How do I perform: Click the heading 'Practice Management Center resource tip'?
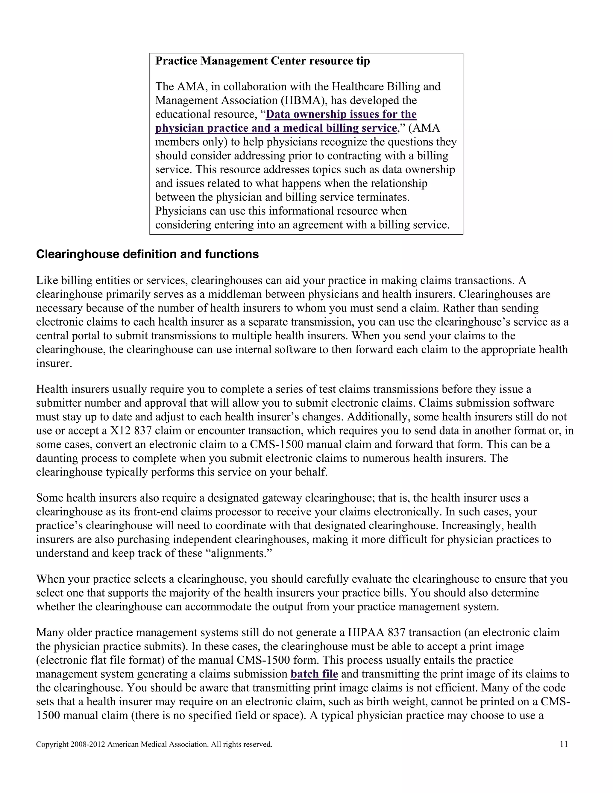point(262,61)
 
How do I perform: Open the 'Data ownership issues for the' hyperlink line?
point(341,114)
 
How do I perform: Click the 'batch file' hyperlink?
point(314,674)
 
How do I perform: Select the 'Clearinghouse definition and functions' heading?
point(148,254)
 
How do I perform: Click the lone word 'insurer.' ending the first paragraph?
point(54,364)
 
